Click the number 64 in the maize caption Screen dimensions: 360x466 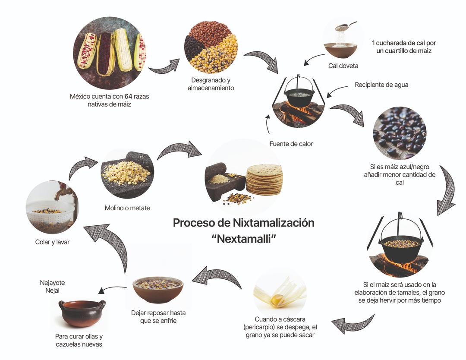coord(129,96)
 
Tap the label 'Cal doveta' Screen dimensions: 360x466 coord(343,66)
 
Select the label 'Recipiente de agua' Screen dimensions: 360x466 coord(381,85)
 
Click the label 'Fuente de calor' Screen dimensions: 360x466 coord(291,144)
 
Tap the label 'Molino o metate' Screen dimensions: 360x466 coord(127,208)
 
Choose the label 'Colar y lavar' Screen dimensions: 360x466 coord(52,242)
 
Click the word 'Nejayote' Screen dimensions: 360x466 coord(52,283)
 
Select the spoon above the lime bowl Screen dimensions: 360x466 coord(345,27)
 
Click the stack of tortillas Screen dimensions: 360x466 coord(264,179)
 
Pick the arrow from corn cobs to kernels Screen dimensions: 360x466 coord(164,66)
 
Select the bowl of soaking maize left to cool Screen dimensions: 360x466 coord(158,288)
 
